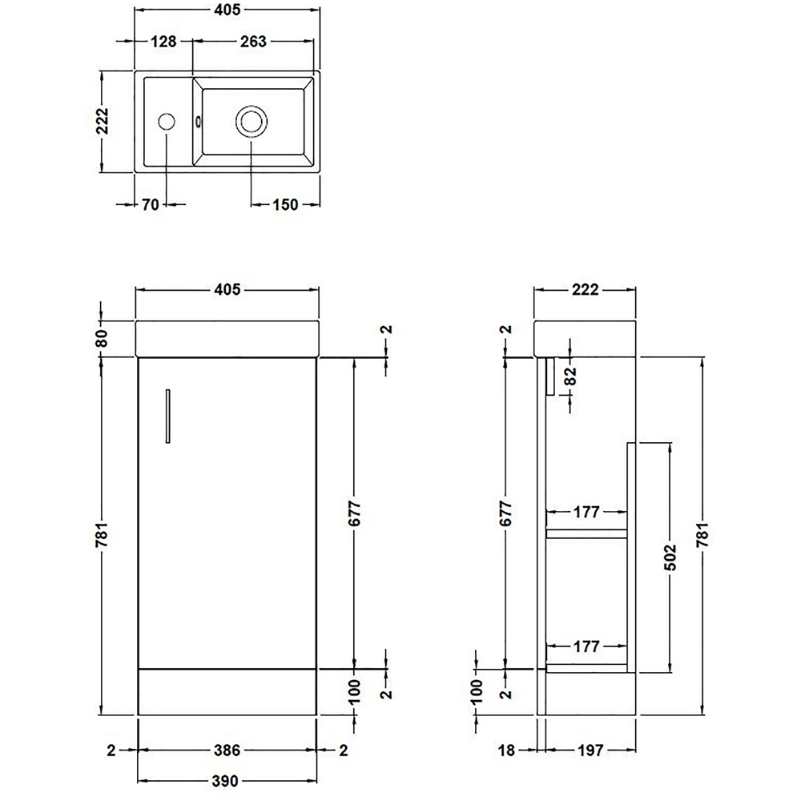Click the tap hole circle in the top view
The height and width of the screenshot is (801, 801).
coord(167,123)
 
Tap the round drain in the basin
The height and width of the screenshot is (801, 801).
coord(251,123)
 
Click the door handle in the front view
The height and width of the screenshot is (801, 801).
coord(167,415)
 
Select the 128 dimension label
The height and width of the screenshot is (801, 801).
coord(163,42)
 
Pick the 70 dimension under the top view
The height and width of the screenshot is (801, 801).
coord(150,205)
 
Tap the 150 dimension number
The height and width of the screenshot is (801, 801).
coord(284,205)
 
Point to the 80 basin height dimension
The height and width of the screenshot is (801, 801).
coord(102,339)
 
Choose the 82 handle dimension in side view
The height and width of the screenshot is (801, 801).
coord(570,376)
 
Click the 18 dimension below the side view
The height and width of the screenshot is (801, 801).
coord(506,751)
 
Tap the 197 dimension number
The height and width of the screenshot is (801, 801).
coord(590,751)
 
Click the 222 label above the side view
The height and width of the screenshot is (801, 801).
coord(586,290)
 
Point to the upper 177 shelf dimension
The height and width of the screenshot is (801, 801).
coord(586,513)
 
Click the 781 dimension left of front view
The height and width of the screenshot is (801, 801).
coord(102,537)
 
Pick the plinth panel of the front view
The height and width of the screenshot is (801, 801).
coord(227,690)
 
